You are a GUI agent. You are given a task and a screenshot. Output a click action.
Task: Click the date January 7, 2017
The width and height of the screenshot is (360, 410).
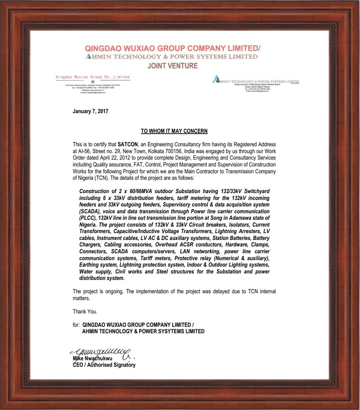pos(90,111)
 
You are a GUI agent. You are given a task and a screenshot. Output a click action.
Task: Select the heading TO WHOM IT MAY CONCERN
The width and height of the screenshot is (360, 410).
pos(174,131)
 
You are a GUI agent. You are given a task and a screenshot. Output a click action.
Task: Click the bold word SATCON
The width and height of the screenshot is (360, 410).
pos(128,144)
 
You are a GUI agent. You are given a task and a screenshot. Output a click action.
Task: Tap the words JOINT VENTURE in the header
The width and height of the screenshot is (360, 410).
pos(172,66)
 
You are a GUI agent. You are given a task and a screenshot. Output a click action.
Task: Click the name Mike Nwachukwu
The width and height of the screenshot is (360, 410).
pos(93,359)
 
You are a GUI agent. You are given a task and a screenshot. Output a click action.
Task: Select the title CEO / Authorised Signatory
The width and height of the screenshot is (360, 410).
pos(104,365)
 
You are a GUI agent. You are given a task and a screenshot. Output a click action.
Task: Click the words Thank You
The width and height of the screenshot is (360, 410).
pos(85,311)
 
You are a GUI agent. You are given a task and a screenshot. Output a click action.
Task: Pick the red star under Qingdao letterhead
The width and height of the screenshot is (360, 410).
pos(93,82)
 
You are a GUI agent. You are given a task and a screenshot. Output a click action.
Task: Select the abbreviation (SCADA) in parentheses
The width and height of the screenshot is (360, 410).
pos(90,211)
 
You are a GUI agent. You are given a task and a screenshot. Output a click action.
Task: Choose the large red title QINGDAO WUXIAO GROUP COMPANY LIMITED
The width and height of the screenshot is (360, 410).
pos(171,48)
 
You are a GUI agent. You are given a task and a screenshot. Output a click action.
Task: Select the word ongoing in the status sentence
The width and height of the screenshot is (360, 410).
pos(111,291)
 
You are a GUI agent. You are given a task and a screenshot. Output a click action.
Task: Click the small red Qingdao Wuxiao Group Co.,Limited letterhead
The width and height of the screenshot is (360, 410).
pos(93,77)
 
